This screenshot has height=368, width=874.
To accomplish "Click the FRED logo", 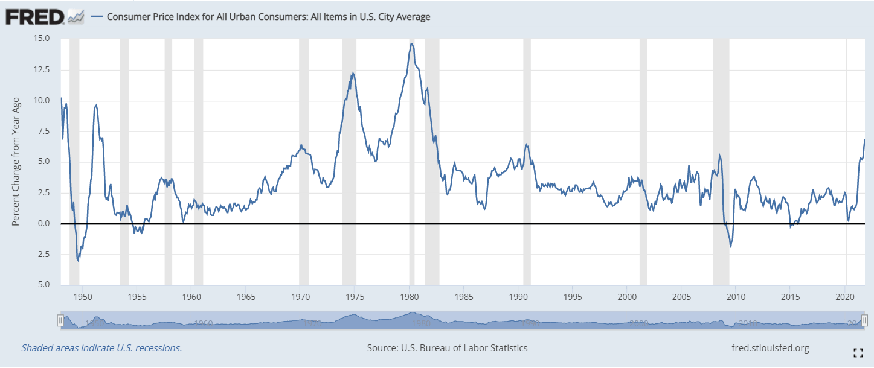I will pyautogui.click(x=35, y=16).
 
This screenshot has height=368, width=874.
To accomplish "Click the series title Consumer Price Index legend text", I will pyautogui.click(x=268, y=17).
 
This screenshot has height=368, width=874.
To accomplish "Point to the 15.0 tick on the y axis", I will pyautogui.click(x=42, y=38).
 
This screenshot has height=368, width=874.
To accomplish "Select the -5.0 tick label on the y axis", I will pyautogui.click(x=42, y=285).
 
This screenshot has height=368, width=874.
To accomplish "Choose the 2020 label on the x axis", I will pyautogui.click(x=845, y=297).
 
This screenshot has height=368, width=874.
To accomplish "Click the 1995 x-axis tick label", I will pyautogui.click(x=573, y=297).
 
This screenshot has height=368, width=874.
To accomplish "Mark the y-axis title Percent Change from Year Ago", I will pyautogui.click(x=16, y=162).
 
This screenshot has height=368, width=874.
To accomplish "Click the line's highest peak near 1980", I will pyautogui.click(x=411, y=43).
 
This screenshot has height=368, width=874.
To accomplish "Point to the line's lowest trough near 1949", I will pyautogui.click(x=78, y=260).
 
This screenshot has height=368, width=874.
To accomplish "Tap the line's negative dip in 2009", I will pyautogui.click(x=731, y=246).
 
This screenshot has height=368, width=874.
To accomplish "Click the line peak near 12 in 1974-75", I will pyautogui.click(x=353, y=73).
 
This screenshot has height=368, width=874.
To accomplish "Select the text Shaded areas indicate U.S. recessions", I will pyautogui.click(x=101, y=348).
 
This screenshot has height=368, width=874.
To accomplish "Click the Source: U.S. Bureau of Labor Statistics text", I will pyautogui.click(x=447, y=348).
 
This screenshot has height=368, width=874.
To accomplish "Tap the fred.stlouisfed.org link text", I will pyautogui.click(x=770, y=348).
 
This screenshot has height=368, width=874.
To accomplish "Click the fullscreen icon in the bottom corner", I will pyautogui.click(x=857, y=353).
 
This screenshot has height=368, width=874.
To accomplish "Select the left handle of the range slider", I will pyautogui.click(x=60, y=320).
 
